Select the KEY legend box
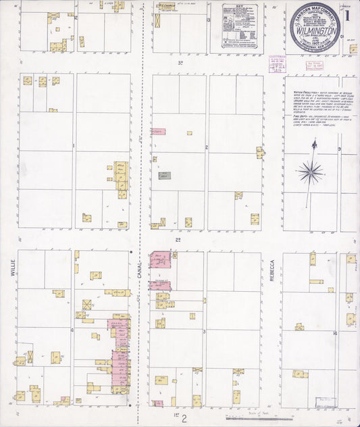pyautogui.click(x=240, y=27)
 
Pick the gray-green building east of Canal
pyautogui.click(x=164, y=176)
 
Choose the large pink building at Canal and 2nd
pyautogui.click(x=160, y=260)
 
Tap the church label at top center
pyautogui.click(x=166, y=5)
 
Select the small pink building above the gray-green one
pyautogui.click(x=158, y=132)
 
